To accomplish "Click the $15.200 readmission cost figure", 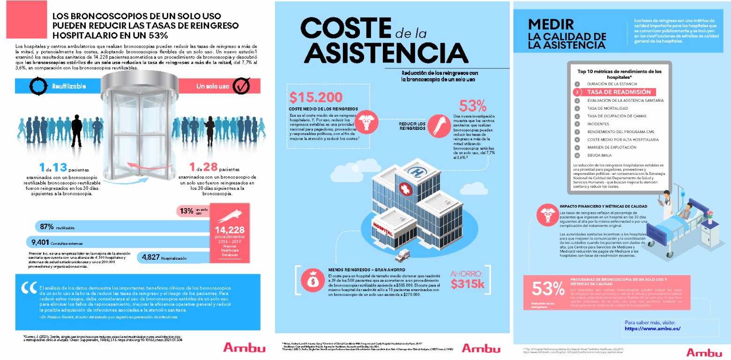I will pos(316,97).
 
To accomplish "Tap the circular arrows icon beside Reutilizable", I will pos(38,86).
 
